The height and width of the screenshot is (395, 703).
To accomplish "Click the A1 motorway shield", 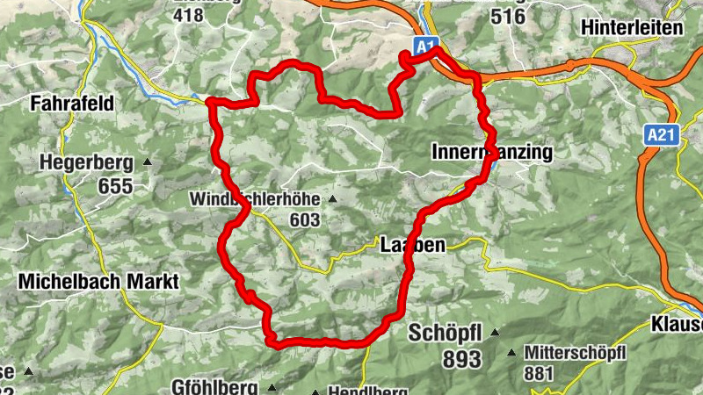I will pos(426,46).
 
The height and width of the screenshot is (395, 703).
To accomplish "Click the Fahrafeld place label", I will pos(72,104).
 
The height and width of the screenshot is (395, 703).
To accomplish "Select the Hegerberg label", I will pos(85,162).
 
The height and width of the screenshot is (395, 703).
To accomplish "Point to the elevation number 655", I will pos(115,186).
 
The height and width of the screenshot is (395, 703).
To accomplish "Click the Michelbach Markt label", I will pos(98,282).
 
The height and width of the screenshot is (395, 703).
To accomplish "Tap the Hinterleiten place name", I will pos(632,27).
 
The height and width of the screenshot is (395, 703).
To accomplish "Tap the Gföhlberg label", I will pos(214,387).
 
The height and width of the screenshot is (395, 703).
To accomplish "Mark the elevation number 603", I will pos(304,220).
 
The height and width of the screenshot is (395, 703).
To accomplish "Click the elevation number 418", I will pos(195,15).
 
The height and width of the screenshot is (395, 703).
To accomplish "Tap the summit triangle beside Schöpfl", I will pos(495,333).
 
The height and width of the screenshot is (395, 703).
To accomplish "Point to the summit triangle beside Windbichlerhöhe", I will pos(332,199).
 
